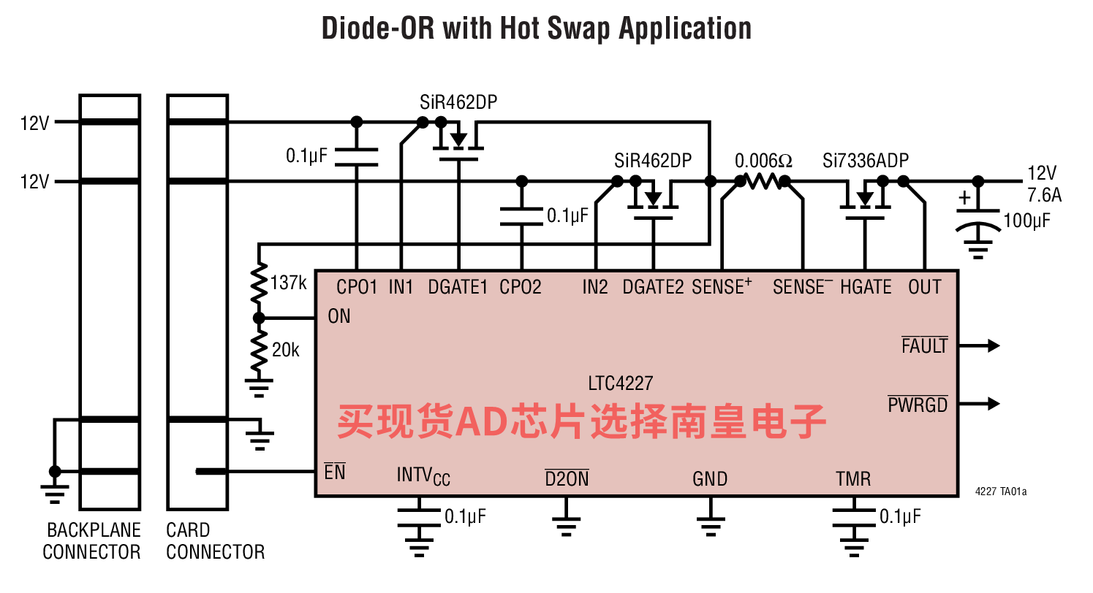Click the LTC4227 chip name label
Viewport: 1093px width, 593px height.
tap(620, 383)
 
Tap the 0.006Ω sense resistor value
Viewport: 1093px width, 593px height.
tap(763, 161)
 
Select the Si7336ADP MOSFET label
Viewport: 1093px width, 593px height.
tap(866, 161)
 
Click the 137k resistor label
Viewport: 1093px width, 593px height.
tap(288, 283)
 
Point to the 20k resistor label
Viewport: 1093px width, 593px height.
tap(285, 350)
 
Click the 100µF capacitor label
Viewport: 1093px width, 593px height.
tap(1026, 221)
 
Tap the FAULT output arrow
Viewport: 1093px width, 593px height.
tap(979, 345)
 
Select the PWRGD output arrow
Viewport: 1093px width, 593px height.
tap(979, 403)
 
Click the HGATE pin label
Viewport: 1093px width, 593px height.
tap(866, 287)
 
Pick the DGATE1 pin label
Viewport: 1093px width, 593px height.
tap(458, 287)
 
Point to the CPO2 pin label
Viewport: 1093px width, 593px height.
tap(520, 287)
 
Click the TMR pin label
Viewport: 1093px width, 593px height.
tap(853, 479)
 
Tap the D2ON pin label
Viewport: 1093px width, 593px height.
tap(567, 478)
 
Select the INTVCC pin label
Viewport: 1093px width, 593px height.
tap(423, 476)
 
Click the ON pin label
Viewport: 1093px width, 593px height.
tap(339, 316)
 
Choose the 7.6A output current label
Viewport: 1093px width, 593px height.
tap(1044, 196)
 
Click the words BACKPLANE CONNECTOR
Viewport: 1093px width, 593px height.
tap(91, 541)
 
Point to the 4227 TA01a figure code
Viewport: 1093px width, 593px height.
tap(1001, 491)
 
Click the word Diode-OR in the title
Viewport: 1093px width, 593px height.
tap(378, 28)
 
